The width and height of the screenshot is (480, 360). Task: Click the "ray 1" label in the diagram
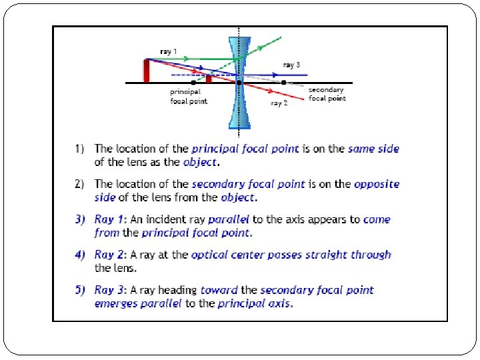tap(169, 51)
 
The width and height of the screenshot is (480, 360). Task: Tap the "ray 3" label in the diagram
tap(291, 65)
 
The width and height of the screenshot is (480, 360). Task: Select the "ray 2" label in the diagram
tap(279, 103)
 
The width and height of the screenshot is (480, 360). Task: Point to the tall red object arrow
tap(147, 69)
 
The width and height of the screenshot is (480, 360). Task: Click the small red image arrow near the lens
tap(209, 79)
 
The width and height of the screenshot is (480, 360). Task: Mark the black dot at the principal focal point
tap(193, 82)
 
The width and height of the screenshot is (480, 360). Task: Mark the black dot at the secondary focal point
tap(283, 82)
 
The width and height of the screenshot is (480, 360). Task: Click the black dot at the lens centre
tap(239, 82)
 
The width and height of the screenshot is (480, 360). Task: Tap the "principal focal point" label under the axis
tap(189, 97)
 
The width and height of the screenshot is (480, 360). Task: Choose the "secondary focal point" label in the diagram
tap(327, 94)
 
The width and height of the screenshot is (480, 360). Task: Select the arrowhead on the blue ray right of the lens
tap(276, 75)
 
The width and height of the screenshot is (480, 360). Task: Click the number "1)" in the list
tap(80, 149)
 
